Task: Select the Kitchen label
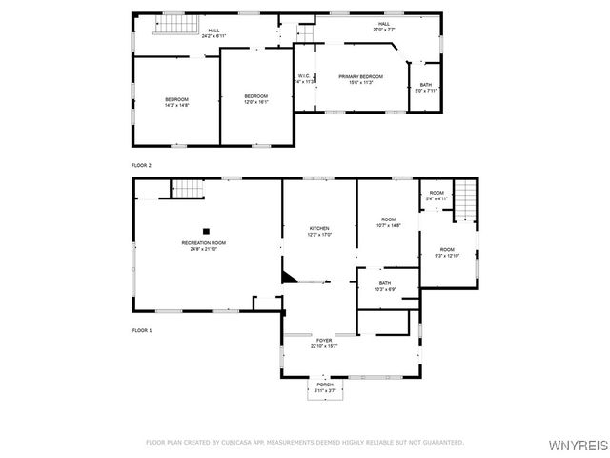point(319,230)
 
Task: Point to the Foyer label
point(324,341)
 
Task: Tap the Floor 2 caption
point(141,165)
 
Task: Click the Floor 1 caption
point(141,330)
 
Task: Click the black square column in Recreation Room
point(206,229)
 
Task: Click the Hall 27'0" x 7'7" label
point(384,27)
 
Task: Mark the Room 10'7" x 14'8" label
point(388,222)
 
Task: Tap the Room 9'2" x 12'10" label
point(447,253)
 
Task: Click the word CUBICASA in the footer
point(241,443)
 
